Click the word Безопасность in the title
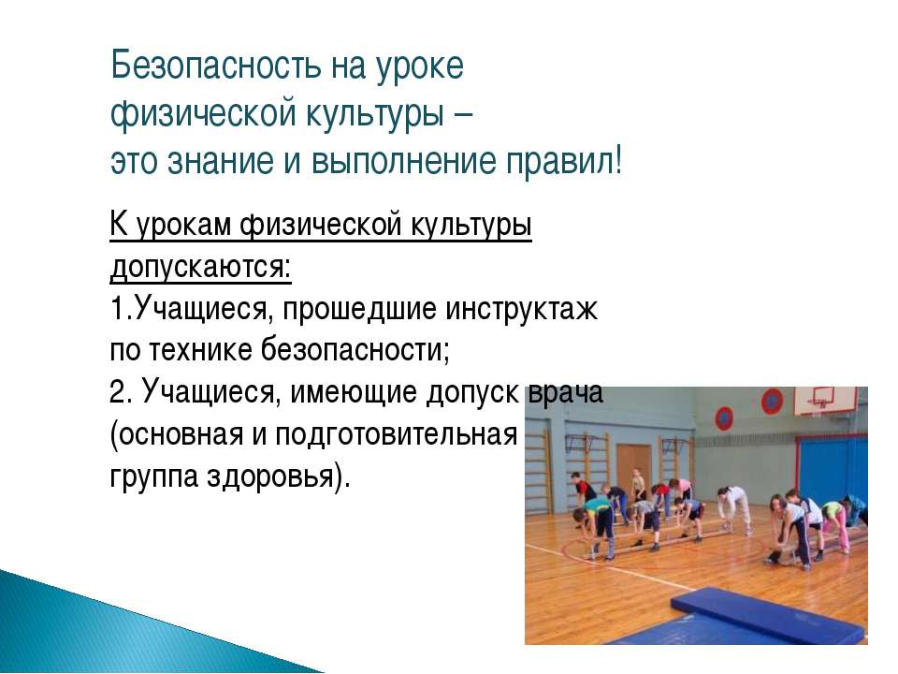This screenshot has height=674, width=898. pyautogui.click(x=215, y=66)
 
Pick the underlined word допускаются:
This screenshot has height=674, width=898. pyautogui.click(x=200, y=267)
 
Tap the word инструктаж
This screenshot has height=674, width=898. pyautogui.click(x=521, y=310)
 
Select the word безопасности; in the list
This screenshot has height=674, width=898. pyautogui.click(x=355, y=349)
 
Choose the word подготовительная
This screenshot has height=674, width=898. pyautogui.click(x=397, y=435)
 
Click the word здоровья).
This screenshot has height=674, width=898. pyautogui.click(x=278, y=477)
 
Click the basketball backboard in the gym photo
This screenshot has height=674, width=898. pyautogui.click(x=826, y=402)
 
